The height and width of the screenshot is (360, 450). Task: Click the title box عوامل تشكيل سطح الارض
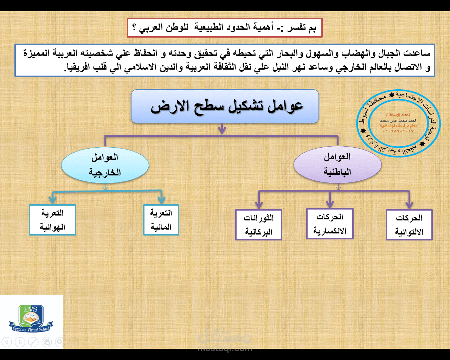pyautogui.click(x=225, y=106)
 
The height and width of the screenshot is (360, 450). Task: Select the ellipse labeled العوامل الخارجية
pyautogui.click(x=105, y=165)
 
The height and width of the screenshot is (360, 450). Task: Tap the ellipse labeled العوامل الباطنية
pyautogui.click(x=337, y=165)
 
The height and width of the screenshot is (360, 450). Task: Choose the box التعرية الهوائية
pyautogui.click(x=52, y=220)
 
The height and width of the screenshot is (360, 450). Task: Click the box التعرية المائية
pyautogui.click(x=161, y=220)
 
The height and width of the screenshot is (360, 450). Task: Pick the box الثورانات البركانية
pyautogui.click(x=259, y=225)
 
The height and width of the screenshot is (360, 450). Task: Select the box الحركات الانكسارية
pyautogui.click(x=330, y=224)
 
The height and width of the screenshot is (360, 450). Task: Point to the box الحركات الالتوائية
pyautogui.click(x=409, y=225)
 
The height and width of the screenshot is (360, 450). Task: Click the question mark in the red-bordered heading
pyautogui.click(x=135, y=28)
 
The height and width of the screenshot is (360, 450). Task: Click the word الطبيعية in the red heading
pyautogui.click(x=209, y=27)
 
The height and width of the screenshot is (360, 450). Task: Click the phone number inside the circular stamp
pyautogui.click(x=398, y=131)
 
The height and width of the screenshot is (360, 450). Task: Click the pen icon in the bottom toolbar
pyautogui.click(x=33, y=342)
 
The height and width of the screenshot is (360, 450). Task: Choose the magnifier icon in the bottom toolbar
pyautogui.click(x=60, y=342)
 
